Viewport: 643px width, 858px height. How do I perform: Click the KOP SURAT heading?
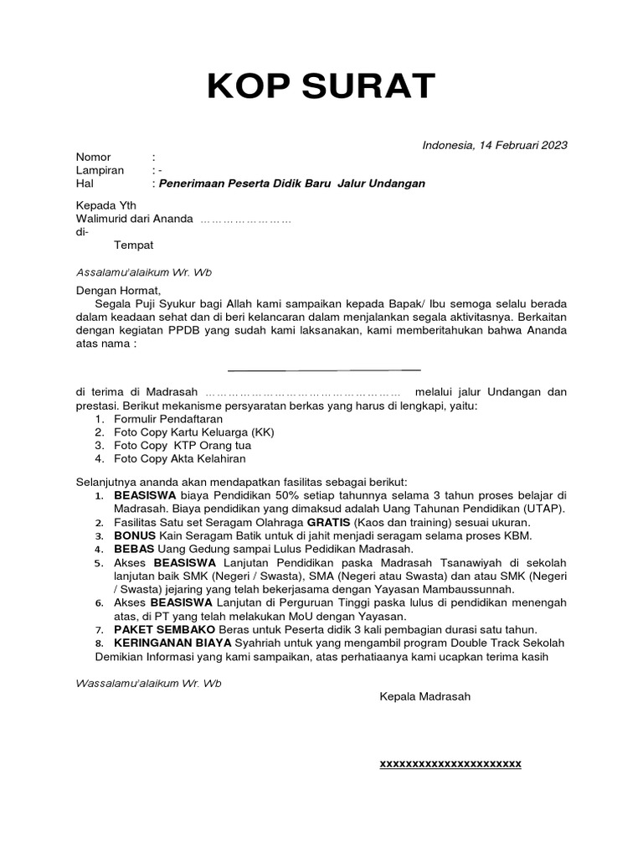click(x=321, y=87)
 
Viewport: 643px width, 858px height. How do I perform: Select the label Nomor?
click(x=93, y=158)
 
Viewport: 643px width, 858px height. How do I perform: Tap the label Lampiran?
click(x=100, y=170)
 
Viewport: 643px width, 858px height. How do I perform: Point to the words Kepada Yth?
click(x=106, y=206)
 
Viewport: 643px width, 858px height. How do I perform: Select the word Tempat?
click(x=133, y=246)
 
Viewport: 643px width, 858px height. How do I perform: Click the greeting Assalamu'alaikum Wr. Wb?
click(x=144, y=271)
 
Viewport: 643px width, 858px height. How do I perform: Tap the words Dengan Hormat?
click(x=111, y=290)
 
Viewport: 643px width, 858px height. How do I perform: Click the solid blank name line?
click(x=323, y=369)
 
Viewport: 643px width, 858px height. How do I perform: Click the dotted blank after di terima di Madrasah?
click(x=302, y=392)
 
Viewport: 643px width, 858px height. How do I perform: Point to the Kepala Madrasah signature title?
click(x=424, y=696)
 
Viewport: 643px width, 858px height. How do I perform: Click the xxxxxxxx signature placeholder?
click(x=450, y=764)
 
